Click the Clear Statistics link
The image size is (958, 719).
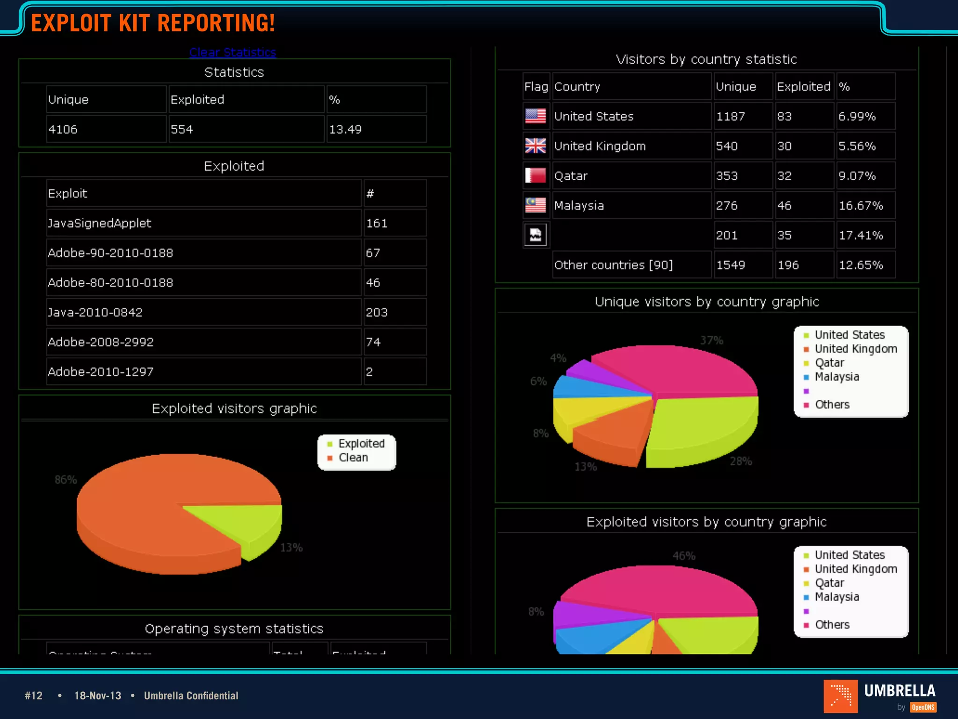click(232, 52)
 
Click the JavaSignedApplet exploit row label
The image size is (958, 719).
click(100, 223)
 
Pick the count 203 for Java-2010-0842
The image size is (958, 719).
click(377, 312)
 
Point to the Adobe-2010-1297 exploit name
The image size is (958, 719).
click(101, 372)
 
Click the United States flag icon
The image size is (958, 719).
click(535, 116)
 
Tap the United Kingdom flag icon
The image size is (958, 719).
click(535, 146)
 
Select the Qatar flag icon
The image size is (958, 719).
click(535, 176)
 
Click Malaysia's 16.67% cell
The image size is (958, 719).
click(861, 205)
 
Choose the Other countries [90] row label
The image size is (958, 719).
click(613, 265)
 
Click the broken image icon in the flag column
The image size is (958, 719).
click(535, 235)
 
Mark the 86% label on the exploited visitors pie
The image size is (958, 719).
click(65, 480)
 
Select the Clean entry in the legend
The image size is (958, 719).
click(353, 458)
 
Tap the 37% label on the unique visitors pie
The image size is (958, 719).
click(711, 340)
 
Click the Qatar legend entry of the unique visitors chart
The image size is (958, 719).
click(829, 363)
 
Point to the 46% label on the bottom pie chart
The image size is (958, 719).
click(684, 556)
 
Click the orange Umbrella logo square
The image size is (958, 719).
click(840, 696)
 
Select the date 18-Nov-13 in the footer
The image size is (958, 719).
click(98, 696)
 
